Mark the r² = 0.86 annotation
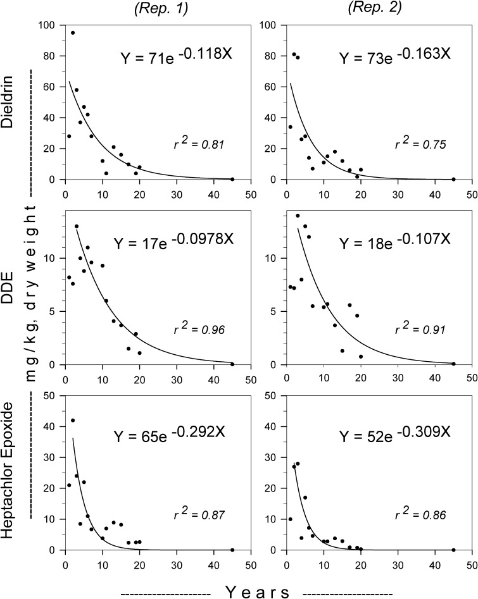coord(420,515)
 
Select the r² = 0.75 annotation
coord(420,145)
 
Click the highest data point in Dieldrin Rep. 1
coord(73,33)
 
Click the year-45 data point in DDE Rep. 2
coord(453,364)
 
